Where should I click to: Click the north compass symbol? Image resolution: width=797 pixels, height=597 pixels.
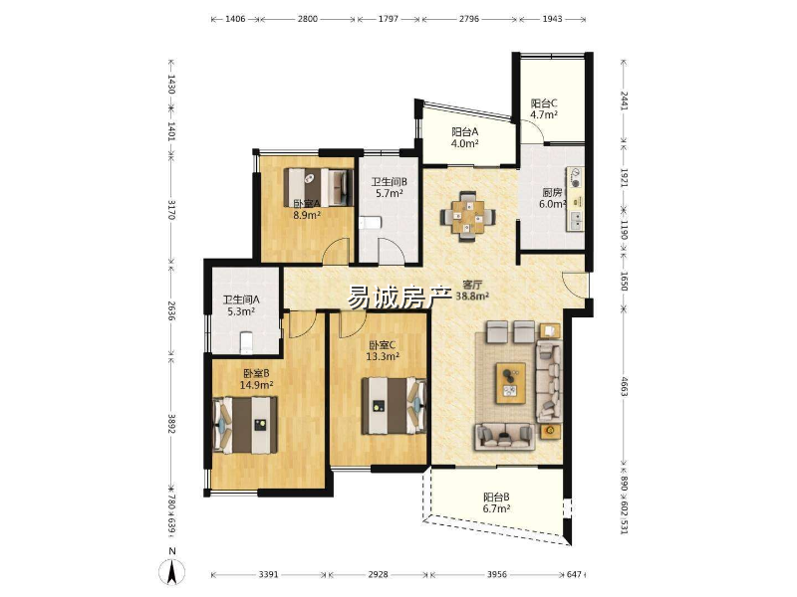click(x=171, y=570)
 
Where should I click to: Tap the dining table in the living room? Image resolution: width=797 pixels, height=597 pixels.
click(x=467, y=216)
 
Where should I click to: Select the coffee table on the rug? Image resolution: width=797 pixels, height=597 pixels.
click(x=511, y=383)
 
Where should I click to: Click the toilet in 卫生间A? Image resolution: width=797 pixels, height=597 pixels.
click(x=246, y=342)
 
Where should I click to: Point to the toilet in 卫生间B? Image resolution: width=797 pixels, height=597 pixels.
click(x=370, y=223)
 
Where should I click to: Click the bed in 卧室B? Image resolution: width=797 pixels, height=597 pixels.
click(x=246, y=425)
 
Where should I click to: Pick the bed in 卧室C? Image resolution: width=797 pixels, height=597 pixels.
click(x=394, y=406)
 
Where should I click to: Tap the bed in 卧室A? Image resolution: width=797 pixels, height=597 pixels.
click(x=319, y=187)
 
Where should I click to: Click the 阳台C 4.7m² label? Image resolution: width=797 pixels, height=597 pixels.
click(x=544, y=108)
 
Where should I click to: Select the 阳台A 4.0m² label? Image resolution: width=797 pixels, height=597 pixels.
click(x=465, y=137)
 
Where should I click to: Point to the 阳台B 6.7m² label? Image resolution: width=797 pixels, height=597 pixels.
click(x=496, y=502)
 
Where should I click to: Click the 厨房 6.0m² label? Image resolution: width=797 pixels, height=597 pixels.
click(x=553, y=198)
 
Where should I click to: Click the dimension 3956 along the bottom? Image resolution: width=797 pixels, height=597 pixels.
click(x=496, y=575)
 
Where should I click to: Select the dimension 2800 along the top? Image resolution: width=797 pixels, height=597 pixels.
click(x=308, y=19)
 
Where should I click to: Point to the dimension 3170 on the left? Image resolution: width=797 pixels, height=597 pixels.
click(x=171, y=210)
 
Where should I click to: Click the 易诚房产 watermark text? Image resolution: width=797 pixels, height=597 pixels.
click(x=400, y=298)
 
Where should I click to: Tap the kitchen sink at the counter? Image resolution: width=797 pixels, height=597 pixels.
click(x=577, y=220)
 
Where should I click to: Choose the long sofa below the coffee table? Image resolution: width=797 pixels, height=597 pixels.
click(x=505, y=437)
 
